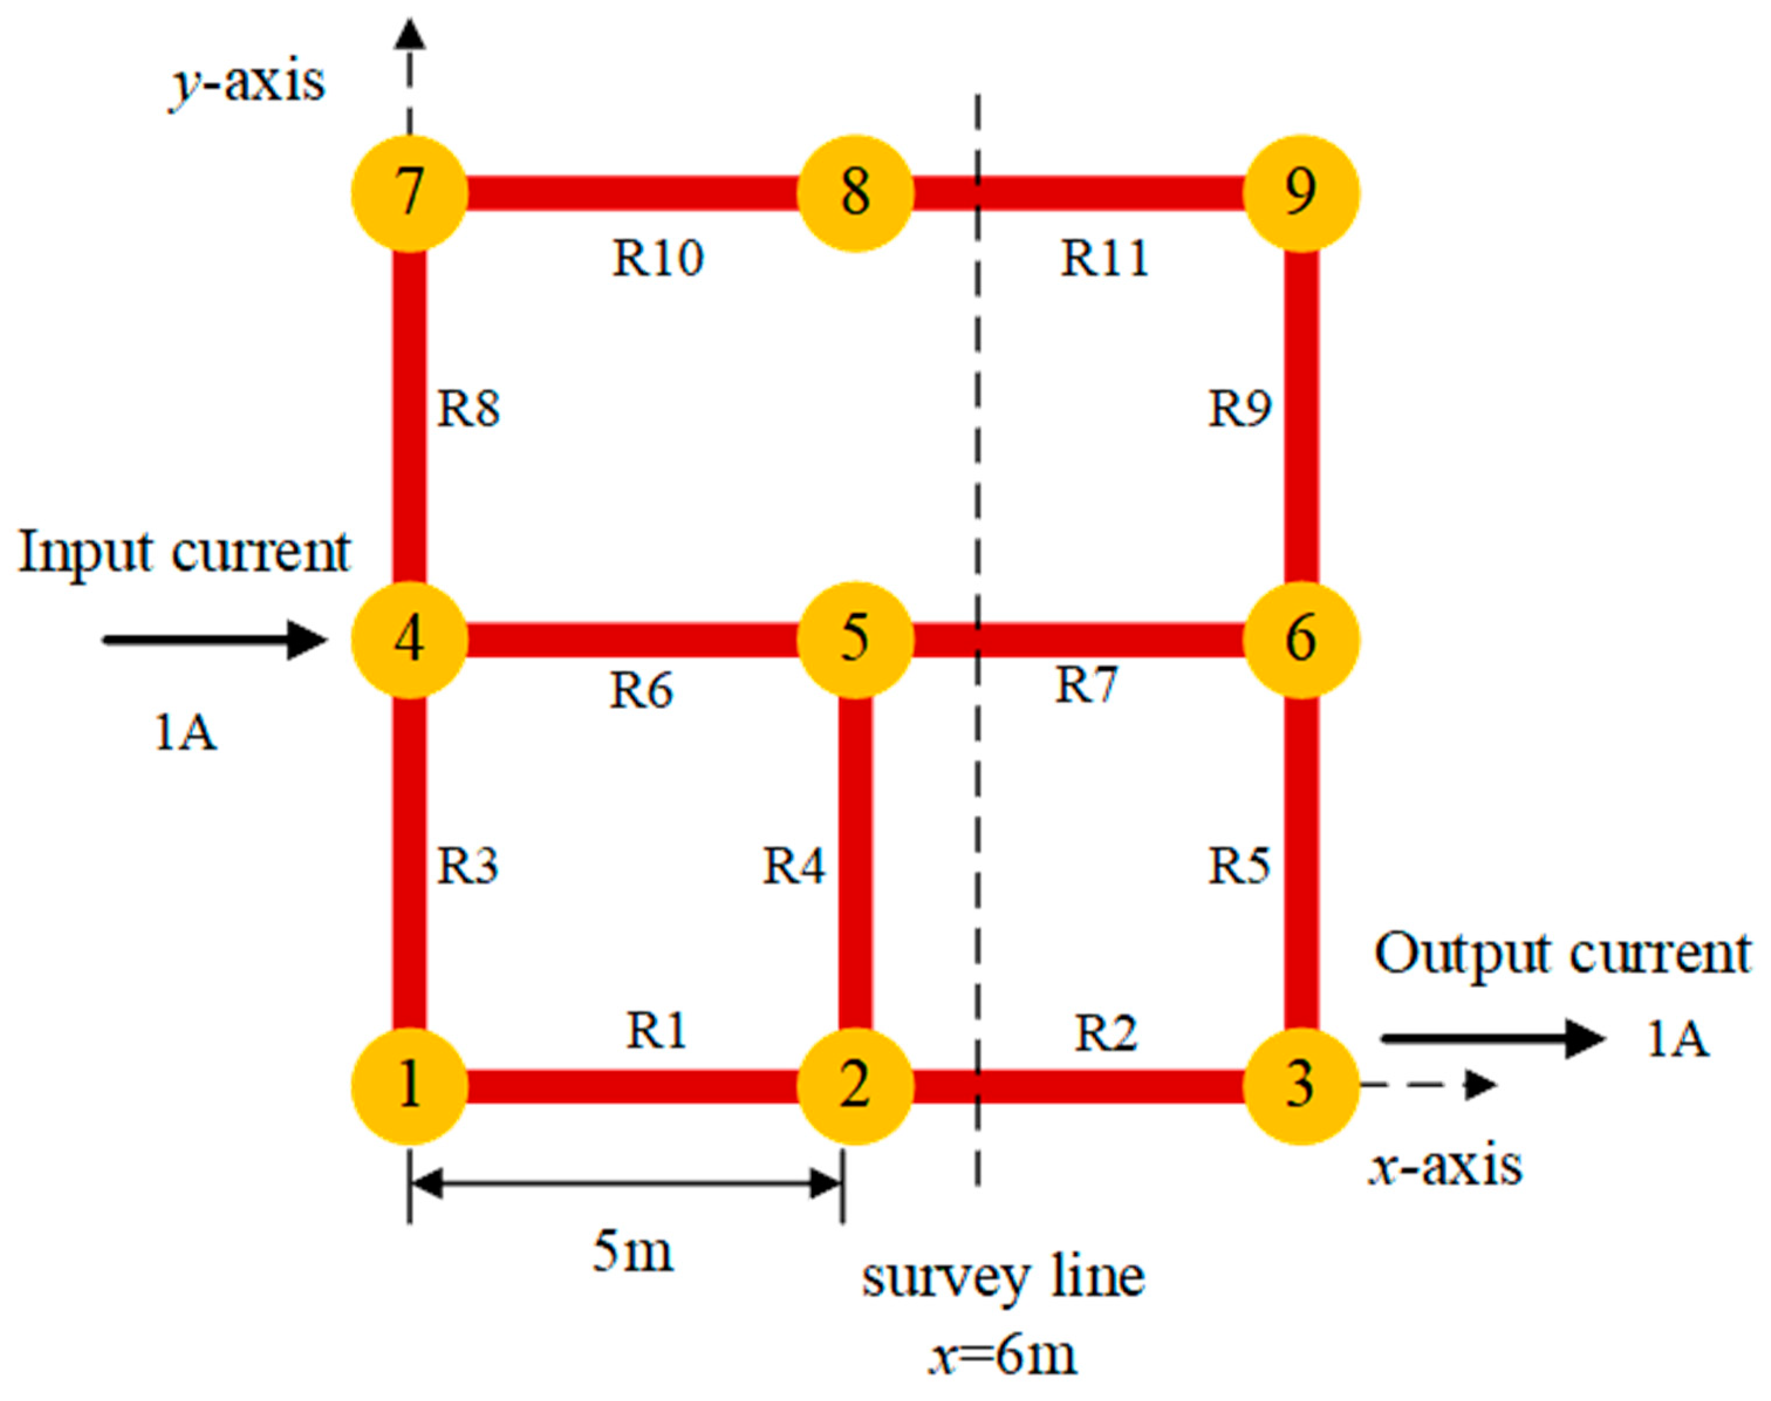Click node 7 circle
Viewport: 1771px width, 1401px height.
click(x=409, y=193)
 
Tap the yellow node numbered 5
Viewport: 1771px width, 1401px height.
click(x=854, y=639)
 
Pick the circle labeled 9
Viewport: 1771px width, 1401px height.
click(x=1300, y=193)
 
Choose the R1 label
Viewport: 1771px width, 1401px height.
click(x=657, y=1031)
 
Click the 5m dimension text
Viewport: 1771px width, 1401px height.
click(x=632, y=1253)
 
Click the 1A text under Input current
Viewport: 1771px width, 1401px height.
click(x=186, y=733)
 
